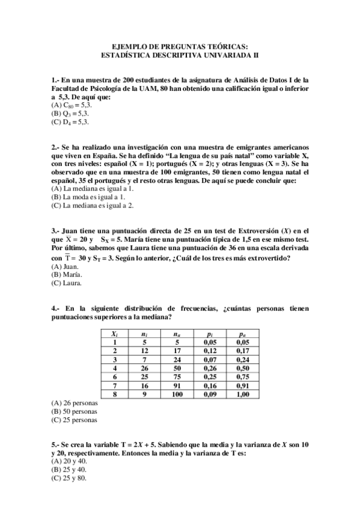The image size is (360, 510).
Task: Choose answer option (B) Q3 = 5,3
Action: point(71,113)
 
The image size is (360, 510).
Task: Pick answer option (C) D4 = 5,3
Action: point(71,121)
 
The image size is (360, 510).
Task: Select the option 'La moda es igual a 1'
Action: point(88,197)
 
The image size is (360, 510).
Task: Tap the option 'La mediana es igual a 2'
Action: point(93,205)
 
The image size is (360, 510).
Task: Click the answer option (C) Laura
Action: point(66,283)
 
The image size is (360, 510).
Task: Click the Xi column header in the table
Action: point(114,333)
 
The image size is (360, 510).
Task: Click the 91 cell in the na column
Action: point(176,386)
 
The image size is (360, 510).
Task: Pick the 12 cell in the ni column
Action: point(144,351)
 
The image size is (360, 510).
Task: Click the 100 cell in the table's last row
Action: point(176,395)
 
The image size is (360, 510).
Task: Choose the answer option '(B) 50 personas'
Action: point(75,412)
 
